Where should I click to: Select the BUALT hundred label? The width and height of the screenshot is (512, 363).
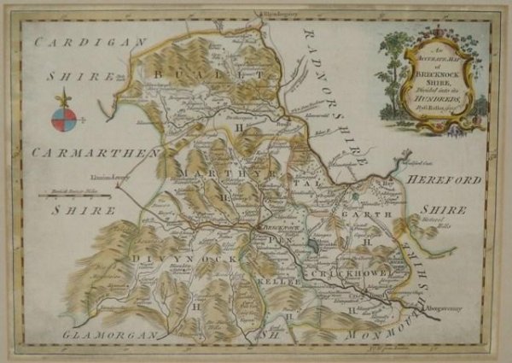coord(205,77)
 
